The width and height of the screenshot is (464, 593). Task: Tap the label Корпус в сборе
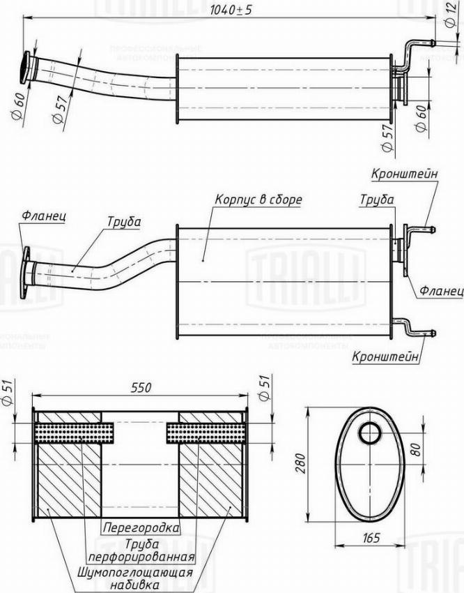pyautogui.click(x=258, y=200)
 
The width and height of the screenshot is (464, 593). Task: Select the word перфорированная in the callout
pyautogui.click(x=140, y=557)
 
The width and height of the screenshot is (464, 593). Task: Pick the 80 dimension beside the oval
pyautogui.click(x=416, y=450)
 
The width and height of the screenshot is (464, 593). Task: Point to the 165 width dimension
pyautogui.click(x=371, y=537)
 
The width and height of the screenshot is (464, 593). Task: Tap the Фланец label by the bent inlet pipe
pyautogui.click(x=43, y=216)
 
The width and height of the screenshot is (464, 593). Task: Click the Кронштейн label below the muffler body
pyautogui.click(x=386, y=356)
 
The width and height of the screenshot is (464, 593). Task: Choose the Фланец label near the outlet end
pyautogui.click(x=440, y=290)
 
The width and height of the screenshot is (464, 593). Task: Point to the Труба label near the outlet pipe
pyautogui.click(x=376, y=200)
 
